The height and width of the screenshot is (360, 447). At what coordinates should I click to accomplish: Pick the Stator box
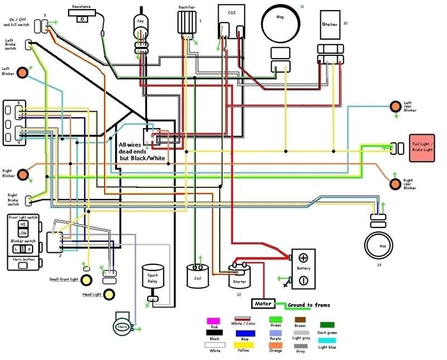click(x=329, y=25)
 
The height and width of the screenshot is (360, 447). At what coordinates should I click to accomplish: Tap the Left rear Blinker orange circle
click(x=395, y=105)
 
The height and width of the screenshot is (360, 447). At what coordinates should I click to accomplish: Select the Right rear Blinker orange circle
click(x=395, y=183)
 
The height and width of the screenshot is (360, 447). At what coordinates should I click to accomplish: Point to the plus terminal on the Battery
click(x=303, y=258)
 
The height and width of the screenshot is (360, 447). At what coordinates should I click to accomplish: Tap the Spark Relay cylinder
click(x=153, y=279)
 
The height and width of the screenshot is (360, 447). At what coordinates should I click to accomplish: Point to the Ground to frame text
click(x=308, y=305)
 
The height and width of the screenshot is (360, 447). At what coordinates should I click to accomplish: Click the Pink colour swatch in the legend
click(x=213, y=321)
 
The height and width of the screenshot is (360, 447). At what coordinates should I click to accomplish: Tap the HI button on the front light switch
click(x=23, y=224)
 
